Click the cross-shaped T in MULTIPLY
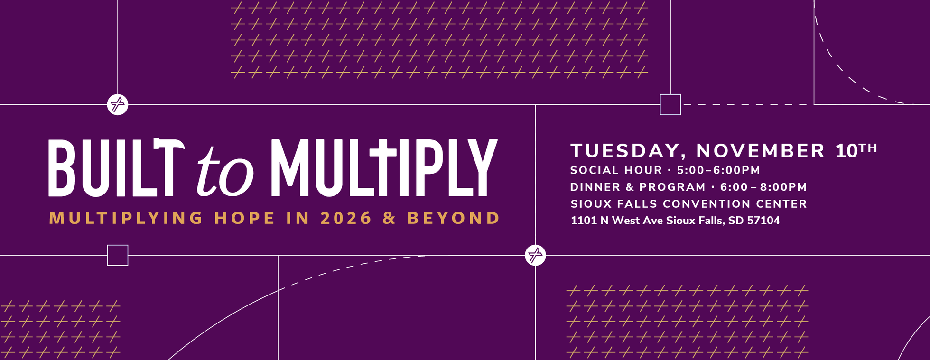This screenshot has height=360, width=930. coord(382,167)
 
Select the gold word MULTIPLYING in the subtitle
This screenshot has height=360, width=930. coord(126,218)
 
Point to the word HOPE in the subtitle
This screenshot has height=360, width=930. coord(244,218)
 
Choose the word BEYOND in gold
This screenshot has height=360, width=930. coord(453,218)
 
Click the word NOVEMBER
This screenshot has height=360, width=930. coord(760,151)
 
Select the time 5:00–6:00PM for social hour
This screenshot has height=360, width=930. coord(718,170)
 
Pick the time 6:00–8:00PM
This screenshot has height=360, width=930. coord(763,187)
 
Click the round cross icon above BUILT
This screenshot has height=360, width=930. coord(118,104)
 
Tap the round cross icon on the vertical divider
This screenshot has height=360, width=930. coord(535,255)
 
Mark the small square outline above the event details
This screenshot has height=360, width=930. coord(670,104)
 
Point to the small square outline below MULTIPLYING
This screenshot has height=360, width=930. coord(118,255)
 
